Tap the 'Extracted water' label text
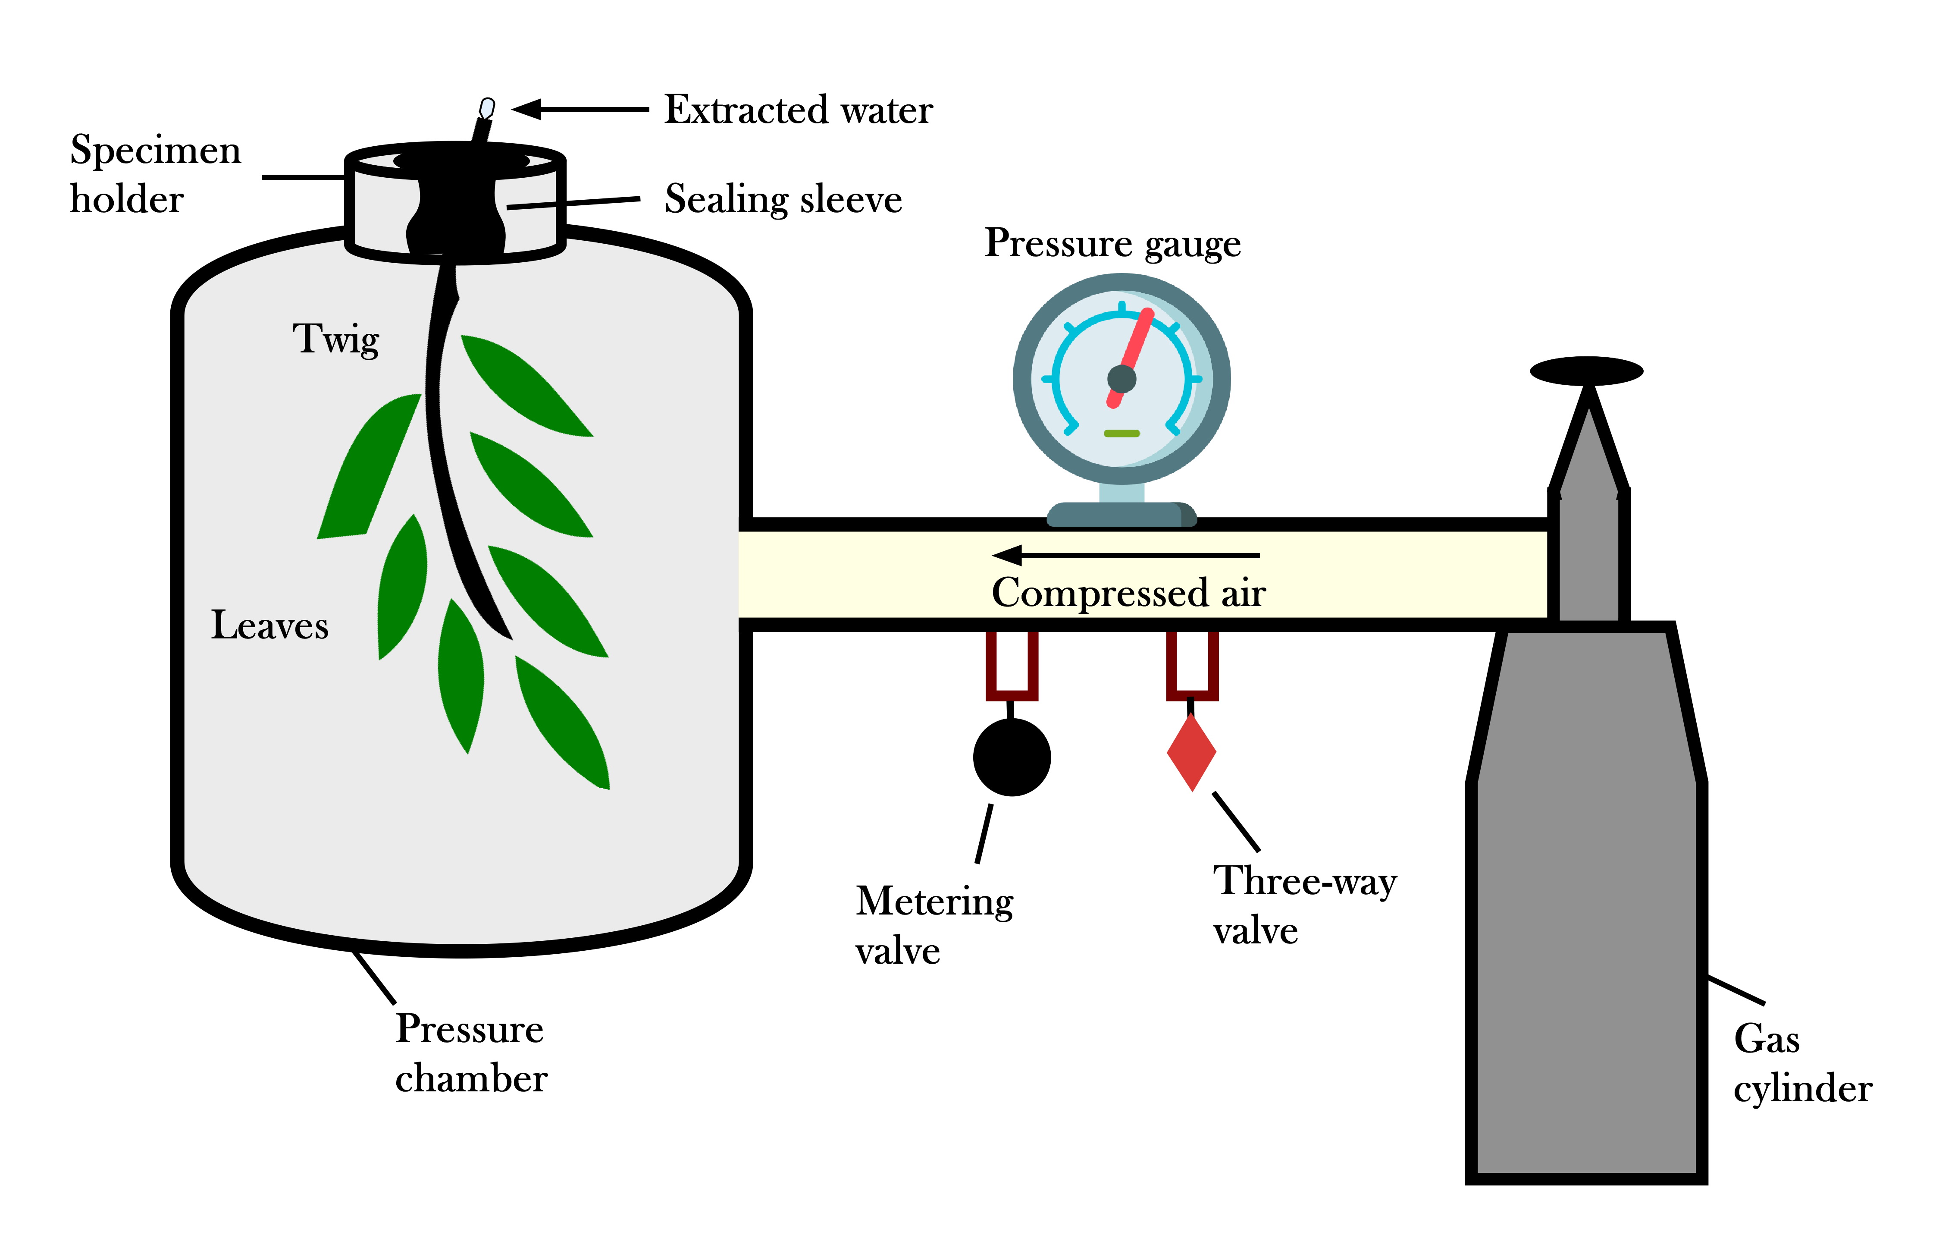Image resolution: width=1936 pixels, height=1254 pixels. (x=797, y=110)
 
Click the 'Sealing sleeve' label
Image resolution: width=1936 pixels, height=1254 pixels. (x=783, y=199)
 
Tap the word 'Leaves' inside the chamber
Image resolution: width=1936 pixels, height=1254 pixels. (x=269, y=625)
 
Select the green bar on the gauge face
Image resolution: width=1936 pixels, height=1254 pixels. (x=1121, y=433)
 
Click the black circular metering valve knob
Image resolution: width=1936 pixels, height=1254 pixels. (x=1011, y=757)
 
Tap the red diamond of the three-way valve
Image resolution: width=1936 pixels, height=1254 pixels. (x=1191, y=753)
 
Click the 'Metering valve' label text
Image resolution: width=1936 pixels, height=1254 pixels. (x=934, y=925)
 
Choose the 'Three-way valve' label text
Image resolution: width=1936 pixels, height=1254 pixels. (x=1304, y=905)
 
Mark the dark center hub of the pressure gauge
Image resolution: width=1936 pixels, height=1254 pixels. (x=1121, y=378)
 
